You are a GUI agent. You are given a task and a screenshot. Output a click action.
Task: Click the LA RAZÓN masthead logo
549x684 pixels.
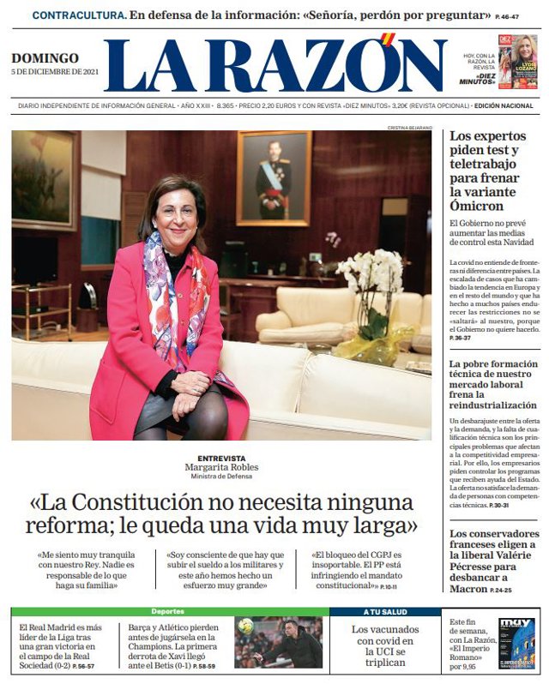[274, 66]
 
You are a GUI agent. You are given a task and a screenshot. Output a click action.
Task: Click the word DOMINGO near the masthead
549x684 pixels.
[45, 58]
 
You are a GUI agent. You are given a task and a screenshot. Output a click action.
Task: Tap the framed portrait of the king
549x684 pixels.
[274, 178]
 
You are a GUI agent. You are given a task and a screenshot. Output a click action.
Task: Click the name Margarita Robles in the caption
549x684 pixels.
[221, 468]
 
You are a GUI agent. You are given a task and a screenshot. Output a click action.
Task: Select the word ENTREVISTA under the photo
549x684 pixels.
[221, 459]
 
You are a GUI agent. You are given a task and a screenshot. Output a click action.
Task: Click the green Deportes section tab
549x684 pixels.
[167, 612]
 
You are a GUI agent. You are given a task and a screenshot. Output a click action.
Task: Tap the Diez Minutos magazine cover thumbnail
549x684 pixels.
[517, 62]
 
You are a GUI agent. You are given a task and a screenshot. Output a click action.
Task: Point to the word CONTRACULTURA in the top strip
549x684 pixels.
[79, 15]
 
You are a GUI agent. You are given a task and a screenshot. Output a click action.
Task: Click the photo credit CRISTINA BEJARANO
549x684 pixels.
[409, 127]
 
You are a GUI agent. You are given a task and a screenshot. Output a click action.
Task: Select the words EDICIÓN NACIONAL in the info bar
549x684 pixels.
[506, 105]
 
